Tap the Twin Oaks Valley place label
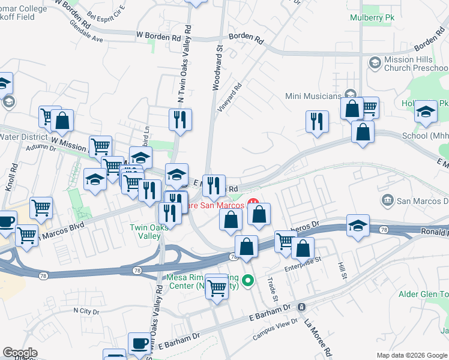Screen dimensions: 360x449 tap(146, 232)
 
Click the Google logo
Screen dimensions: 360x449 tap(20, 353)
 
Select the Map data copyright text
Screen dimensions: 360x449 tap(412, 355)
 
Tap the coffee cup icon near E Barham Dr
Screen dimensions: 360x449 tap(139, 343)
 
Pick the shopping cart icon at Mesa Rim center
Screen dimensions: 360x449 tap(216, 286)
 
